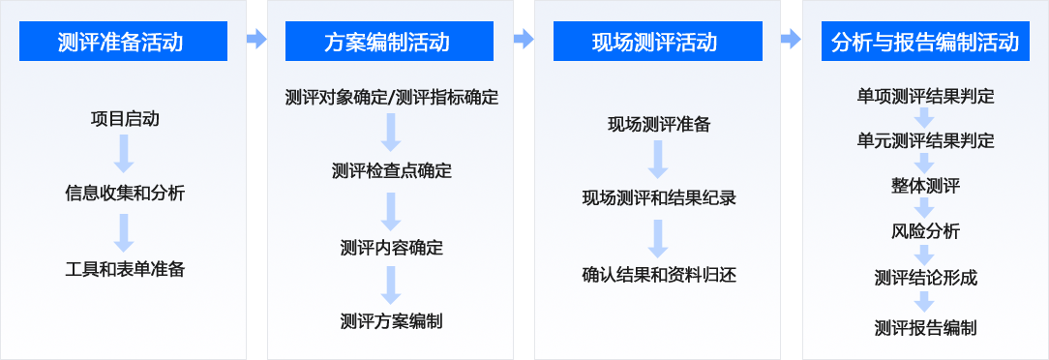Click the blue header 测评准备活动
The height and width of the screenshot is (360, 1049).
[x=123, y=42]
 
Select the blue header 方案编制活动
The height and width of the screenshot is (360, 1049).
[x=389, y=42]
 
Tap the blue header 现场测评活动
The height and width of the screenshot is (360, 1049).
[x=657, y=42]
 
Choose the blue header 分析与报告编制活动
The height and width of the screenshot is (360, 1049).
[x=925, y=42]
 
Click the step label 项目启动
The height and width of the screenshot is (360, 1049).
[x=125, y=119]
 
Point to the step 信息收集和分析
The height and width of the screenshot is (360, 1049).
[x=125, y=193]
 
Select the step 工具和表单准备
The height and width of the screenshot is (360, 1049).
[x=125, y=269]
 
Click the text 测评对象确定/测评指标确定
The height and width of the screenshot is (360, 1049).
[x=392, y=97]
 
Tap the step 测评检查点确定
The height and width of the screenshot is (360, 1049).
[x=392, y=171]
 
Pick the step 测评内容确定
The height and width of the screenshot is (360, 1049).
[x=392, y=247]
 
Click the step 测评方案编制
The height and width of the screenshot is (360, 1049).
[x=392, y=320]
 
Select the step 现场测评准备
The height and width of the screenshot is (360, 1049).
[x=659, y=124]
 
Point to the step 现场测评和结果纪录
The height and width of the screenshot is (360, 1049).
[x=659, y=198]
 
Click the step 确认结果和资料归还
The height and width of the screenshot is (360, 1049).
[x=659, y=275]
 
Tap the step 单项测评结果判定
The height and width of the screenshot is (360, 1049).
[x=925, y=96]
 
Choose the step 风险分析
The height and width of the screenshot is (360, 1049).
[x=925, y=231]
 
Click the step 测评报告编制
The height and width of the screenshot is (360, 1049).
[x=925, y=327]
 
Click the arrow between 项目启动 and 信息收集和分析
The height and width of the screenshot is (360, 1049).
[x=124, y=155]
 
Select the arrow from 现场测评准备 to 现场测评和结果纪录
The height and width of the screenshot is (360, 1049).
[x=659, y=161]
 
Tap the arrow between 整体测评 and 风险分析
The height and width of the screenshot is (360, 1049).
[x=925, y=208]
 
